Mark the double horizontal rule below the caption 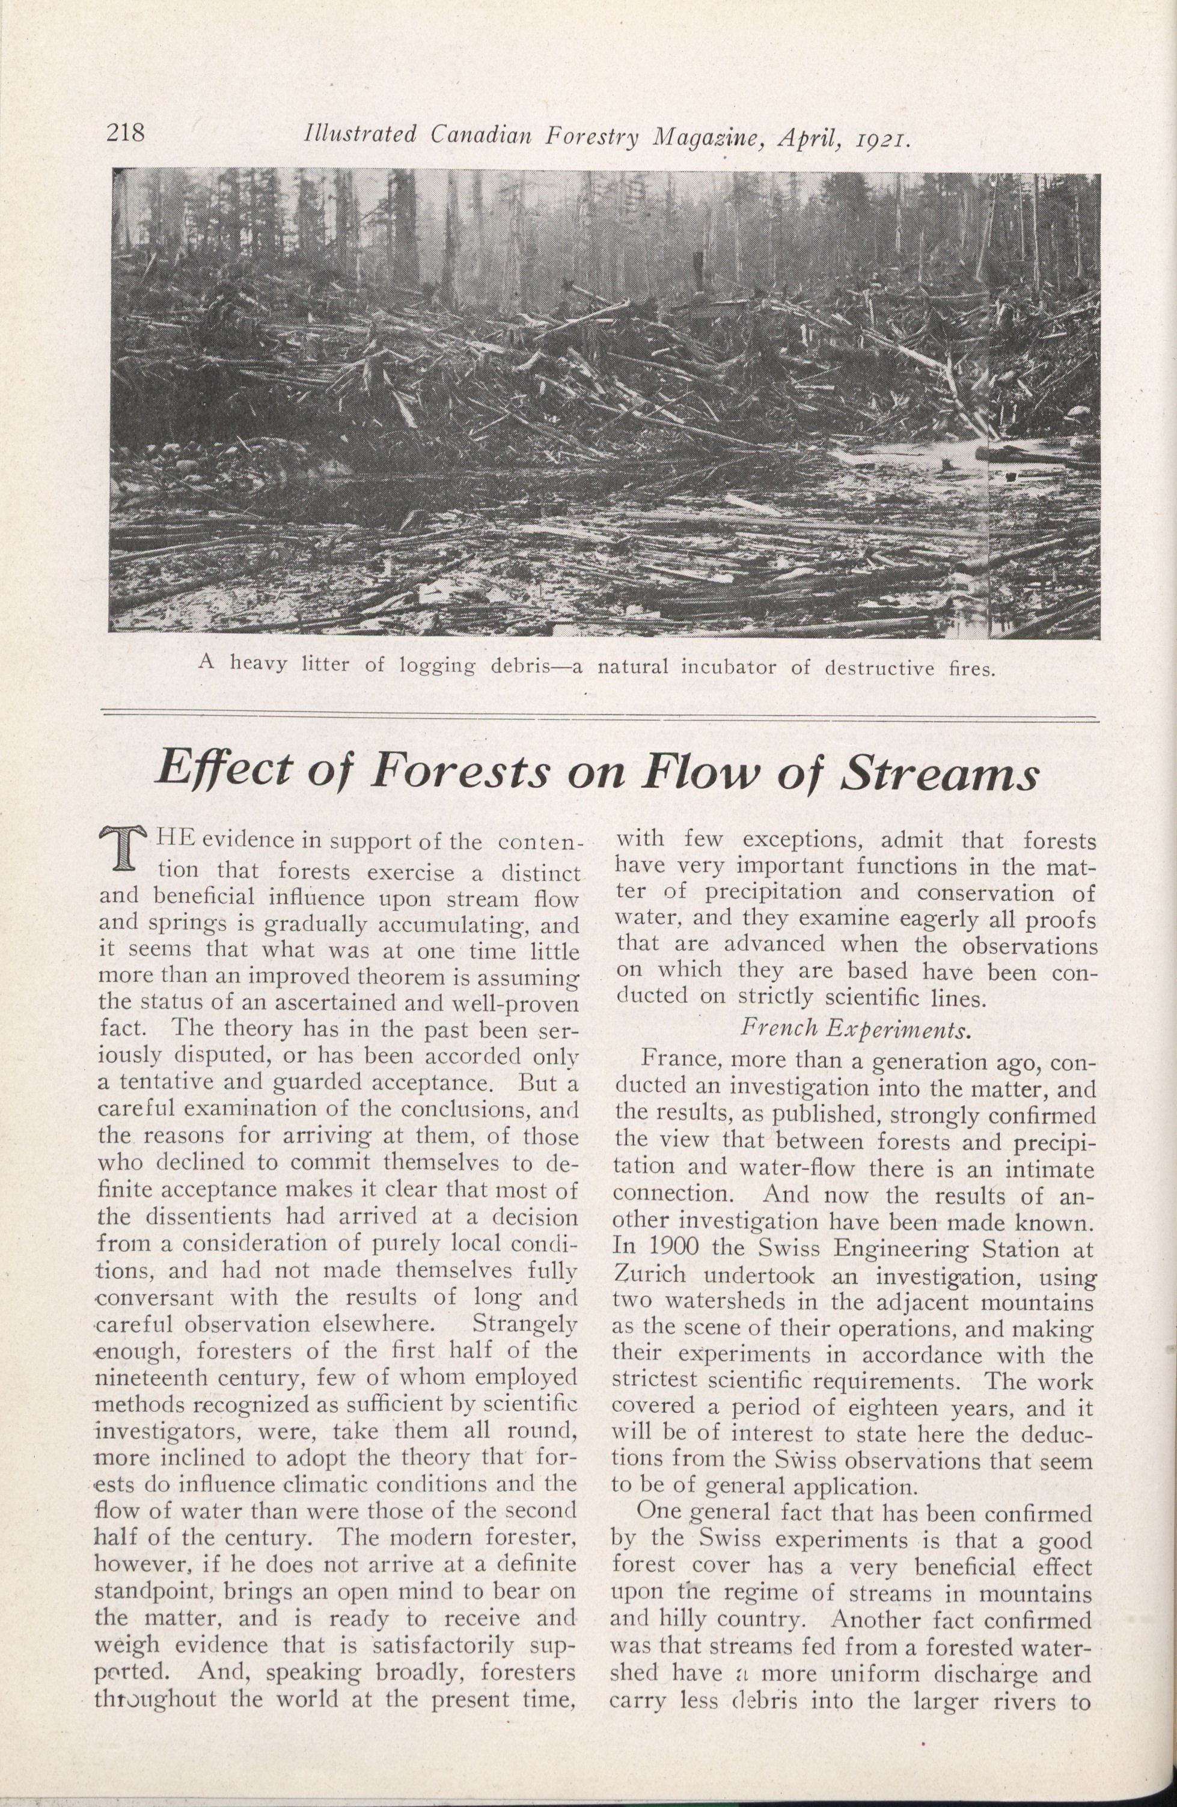click(599, 715)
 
